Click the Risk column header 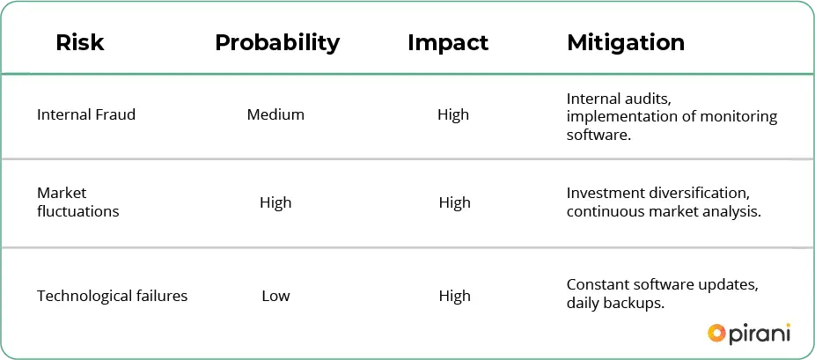coord(80,42)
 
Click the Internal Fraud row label coord(86,114)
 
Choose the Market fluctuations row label coord(78,202)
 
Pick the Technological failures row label coord(113,296)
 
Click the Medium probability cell coord(275,114)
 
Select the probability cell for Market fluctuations coord(275,202)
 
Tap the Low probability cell coord(275,296)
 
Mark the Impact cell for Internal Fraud coord(453,114)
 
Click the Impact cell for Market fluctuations coord(455,202)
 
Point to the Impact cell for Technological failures coord(455,296)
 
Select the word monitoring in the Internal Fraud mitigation coord(738,116)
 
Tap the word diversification coord(699,194)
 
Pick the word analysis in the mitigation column coord(732,212)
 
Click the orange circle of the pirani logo coord(716,333)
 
